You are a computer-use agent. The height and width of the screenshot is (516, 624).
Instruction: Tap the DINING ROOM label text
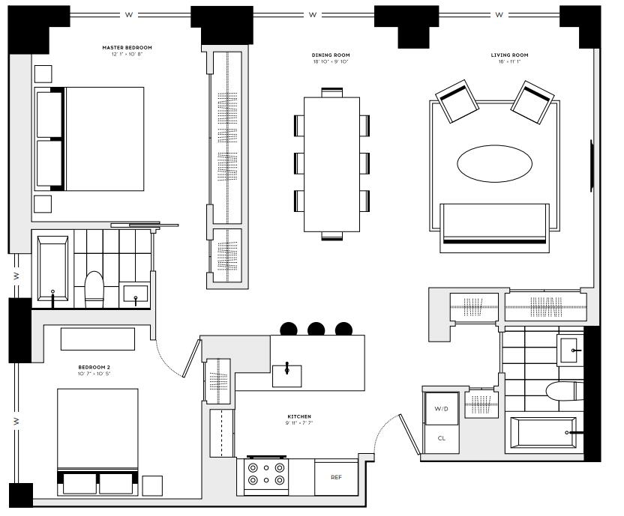(331, 55)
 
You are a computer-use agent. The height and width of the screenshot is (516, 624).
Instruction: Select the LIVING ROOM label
(509, 55)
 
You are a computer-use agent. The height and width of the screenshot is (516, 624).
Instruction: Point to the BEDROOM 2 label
(94, 367)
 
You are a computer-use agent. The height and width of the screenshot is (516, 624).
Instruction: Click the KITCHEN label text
(298, 416)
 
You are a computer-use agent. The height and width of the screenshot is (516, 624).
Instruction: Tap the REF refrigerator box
(336, 477)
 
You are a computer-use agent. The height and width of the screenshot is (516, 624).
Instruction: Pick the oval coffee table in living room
(491, 163)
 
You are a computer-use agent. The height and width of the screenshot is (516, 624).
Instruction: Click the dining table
(331, 164)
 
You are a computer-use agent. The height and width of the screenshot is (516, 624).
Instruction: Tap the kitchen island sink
(286, 372)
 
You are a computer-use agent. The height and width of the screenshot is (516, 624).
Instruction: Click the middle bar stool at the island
(316, 328)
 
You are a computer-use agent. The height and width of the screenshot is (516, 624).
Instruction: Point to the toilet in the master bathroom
(94, 288)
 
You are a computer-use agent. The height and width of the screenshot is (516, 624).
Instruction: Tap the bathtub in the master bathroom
(52, 270)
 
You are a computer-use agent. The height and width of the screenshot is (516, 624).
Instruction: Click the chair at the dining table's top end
(331, 92)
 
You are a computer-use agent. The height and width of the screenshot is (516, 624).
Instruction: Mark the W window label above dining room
(312, 14)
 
